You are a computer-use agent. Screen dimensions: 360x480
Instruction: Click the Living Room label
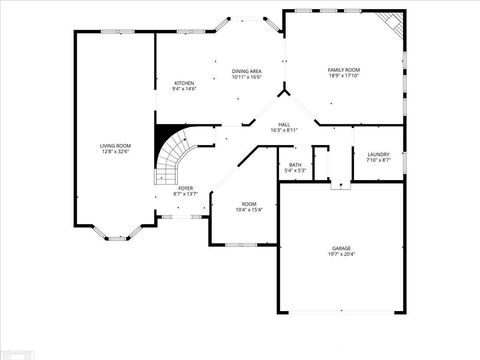(115, 147)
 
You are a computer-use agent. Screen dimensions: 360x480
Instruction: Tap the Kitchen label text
(184, 83)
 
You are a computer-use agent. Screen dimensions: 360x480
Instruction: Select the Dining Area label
(247, 71)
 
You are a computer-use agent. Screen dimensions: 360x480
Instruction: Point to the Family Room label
(344, 69)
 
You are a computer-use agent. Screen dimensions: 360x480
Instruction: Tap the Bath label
(295, 165)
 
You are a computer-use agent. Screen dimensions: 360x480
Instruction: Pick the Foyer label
(186, 188)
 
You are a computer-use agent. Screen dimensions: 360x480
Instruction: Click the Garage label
(342, 247)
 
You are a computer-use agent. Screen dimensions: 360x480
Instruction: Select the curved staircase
(174, 160)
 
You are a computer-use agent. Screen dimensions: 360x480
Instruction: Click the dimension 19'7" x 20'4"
(342, 254)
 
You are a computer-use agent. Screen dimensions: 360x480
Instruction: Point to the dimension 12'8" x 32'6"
(115, 153)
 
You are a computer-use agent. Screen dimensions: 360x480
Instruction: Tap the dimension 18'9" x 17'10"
(344, 76)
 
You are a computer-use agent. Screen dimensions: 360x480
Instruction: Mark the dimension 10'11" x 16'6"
(247, 77)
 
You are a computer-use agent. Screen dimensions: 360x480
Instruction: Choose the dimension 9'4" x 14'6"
(184, 89)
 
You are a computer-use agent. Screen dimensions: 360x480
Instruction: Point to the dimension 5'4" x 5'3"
(295, 171)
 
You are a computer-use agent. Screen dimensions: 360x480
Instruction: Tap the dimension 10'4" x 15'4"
(248, 210)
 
